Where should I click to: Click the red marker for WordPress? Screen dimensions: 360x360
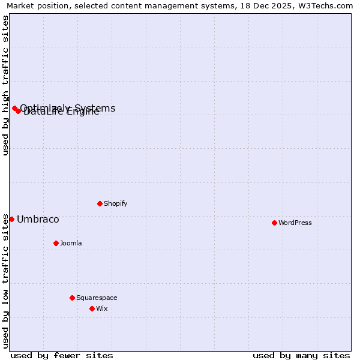pos(274,223)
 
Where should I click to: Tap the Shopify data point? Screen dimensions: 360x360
pos(100,203)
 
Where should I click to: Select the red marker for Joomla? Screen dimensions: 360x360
pos(56,243)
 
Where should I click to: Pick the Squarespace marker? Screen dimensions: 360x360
pos(72,298)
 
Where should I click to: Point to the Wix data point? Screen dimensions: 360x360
pos(92,308)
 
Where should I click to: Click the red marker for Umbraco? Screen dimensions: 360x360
pos(11,219)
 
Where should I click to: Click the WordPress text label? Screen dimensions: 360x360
pos(295,223)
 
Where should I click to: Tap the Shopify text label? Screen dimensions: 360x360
pos(116,203)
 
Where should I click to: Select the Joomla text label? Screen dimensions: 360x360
pos(71,243)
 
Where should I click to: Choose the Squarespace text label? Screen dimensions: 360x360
pos(97,298)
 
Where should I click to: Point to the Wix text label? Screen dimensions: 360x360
pos(102,308)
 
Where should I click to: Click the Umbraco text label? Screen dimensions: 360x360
pos(38,219)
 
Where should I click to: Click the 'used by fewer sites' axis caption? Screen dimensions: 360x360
pos(62,355)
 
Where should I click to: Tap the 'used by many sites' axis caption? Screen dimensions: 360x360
pos(301,355)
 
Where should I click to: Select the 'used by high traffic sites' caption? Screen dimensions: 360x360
pos(5,85)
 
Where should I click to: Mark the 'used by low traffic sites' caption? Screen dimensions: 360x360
pos(5,281)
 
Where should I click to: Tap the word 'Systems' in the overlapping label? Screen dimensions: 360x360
pos(96,108)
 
